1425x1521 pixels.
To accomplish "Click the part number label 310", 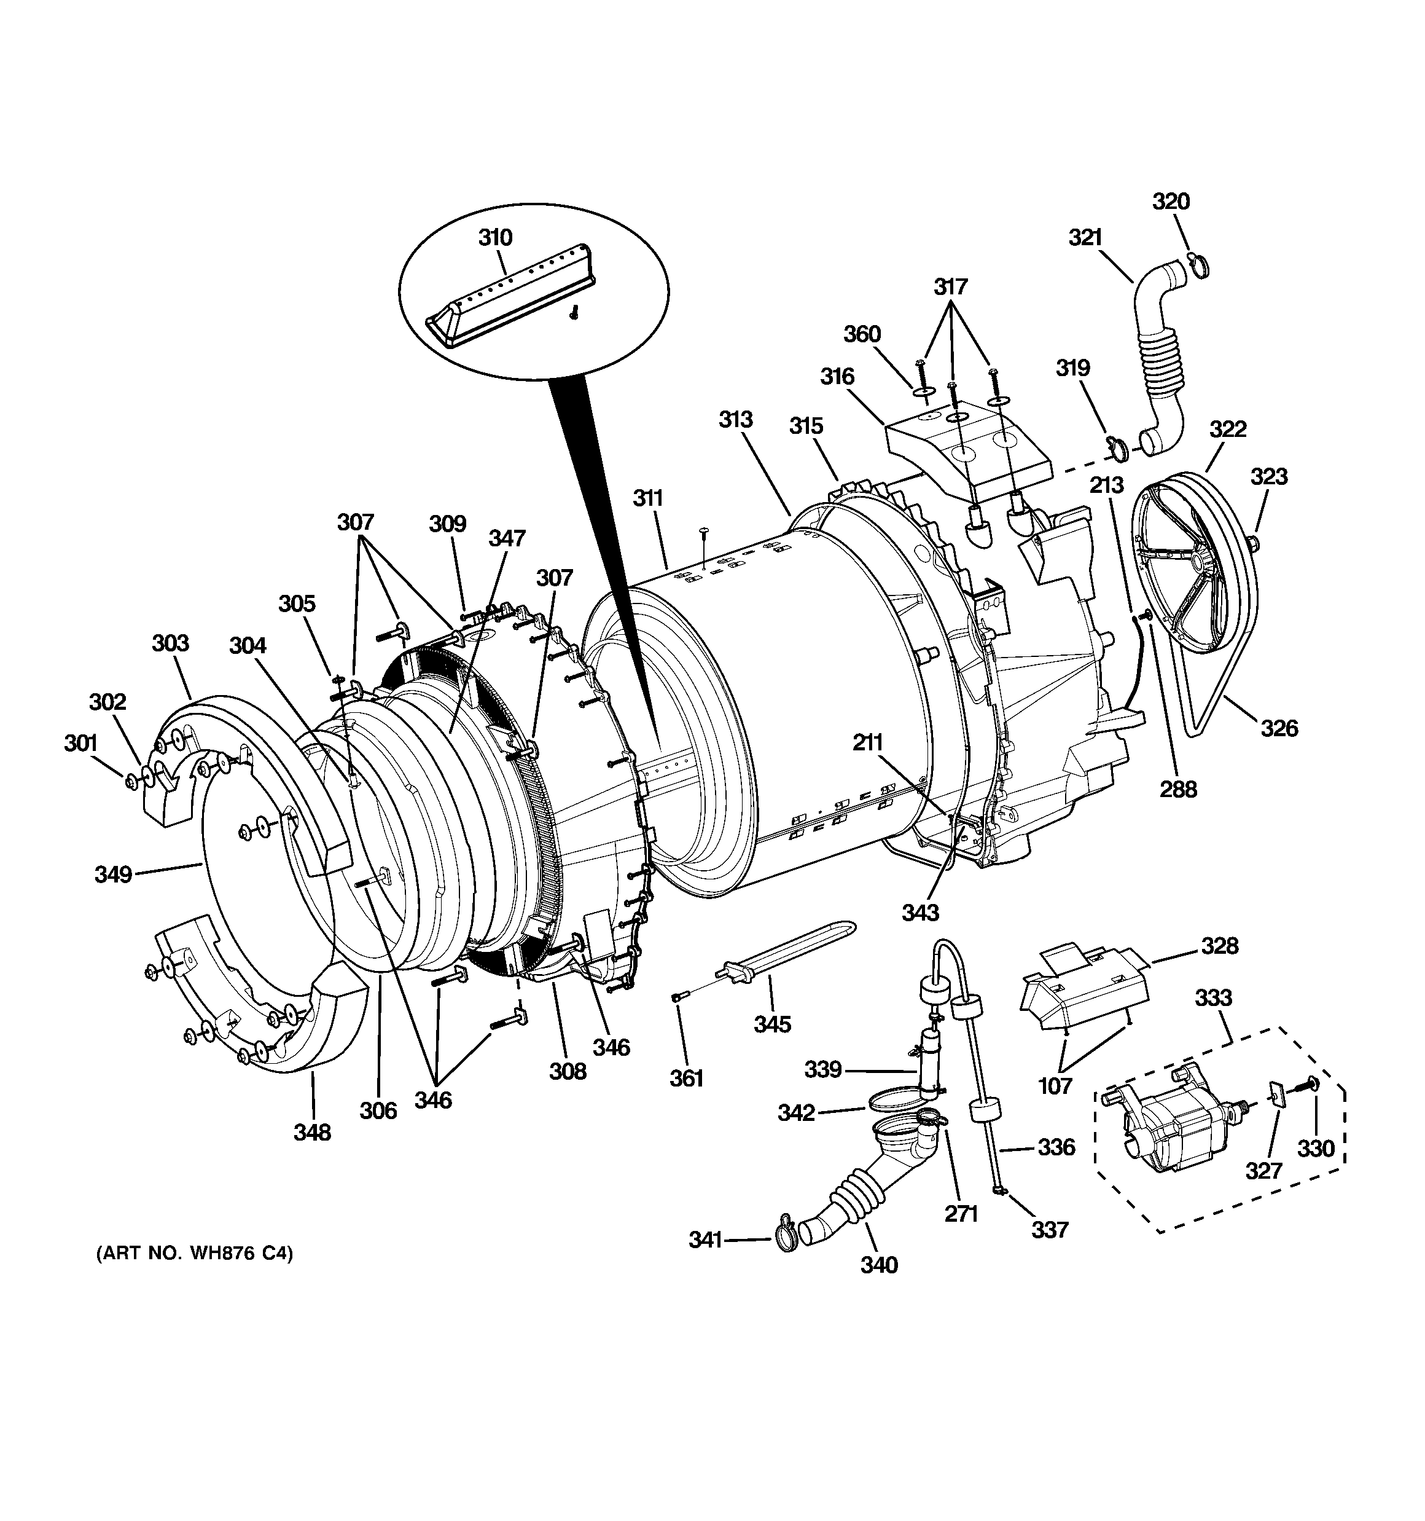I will pyautogui.click(x=495, y=238).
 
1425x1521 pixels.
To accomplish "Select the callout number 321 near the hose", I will pyautogui.click(x=1085, y=238).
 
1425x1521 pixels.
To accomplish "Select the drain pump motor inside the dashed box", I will pyautogui.click(x=1166, y=1138).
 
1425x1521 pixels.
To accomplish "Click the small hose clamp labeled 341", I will pyautogui.click(x=784, y=1241).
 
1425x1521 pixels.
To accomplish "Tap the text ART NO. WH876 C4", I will pyautogui.click(x=194, y=1253).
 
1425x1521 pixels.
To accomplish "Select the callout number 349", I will pyautogui.click(x=113, y=874).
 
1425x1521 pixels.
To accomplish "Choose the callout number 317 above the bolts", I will pyautogui.click(x=951, y=287).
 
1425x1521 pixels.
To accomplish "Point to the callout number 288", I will pyautogui.click(x=1178, y=789).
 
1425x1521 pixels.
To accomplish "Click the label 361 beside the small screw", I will pyautogui.click(x=686, y=1078).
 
